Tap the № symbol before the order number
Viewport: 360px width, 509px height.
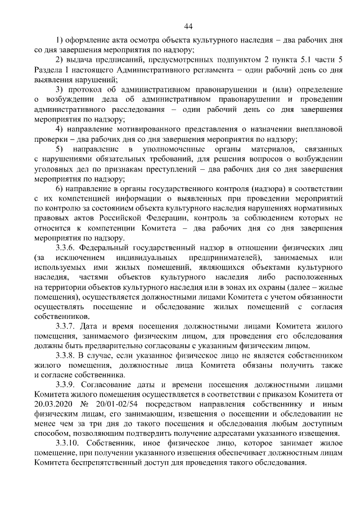[x=85, y=404]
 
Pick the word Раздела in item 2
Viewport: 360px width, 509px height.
[x=49, y=70]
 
